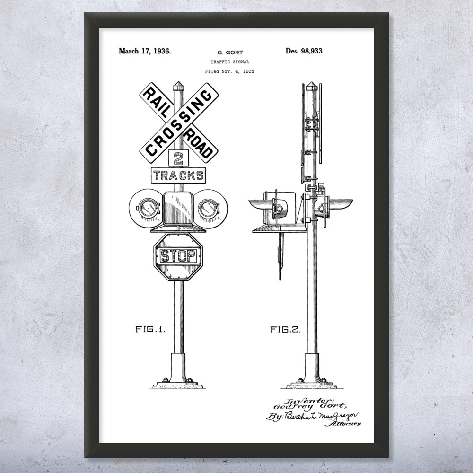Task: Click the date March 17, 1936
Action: pyautogui.click(x=144, y=51)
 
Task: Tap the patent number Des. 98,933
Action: pyautogui.click(x=304, y=51)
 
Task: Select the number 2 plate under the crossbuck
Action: pyautogui.click(x=178, y=158)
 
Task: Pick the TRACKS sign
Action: pyautogui.click(x=178, y=175)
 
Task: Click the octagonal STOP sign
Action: pyautogui.click(x=178, y=256)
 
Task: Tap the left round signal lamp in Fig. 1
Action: pyautogui.click(x=145, y=207)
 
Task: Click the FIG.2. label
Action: pyautogui.click(x=285, y=330)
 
